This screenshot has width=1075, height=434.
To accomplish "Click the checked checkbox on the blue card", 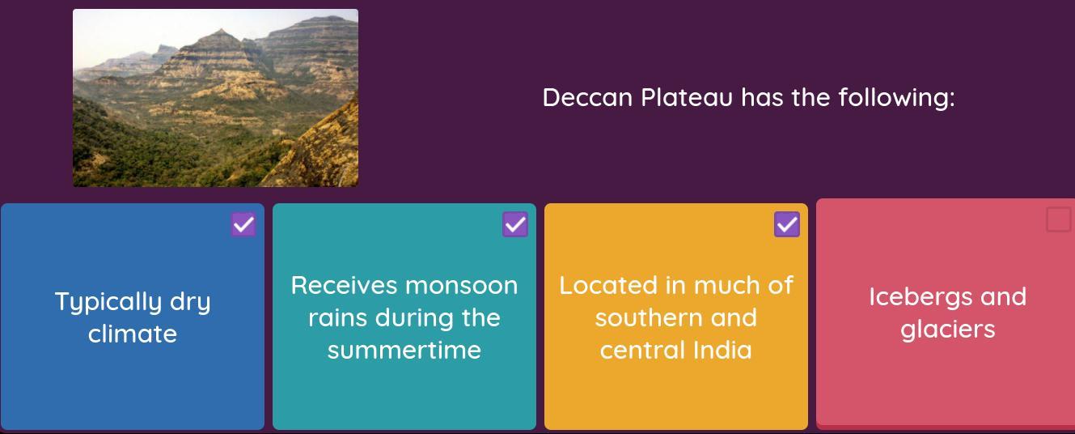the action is [243, 224].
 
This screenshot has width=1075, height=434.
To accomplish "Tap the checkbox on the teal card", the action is [515, 224].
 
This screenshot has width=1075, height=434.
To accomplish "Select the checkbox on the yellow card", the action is [786, 224].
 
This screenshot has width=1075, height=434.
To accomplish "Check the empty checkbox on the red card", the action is [1058, 219].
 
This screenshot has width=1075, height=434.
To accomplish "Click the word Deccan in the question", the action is [587, 97].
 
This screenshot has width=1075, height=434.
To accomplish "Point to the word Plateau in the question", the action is [687, 97].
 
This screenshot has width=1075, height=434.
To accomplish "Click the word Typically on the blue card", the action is [108, 303].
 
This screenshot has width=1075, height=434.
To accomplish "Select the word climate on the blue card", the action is [133, 334].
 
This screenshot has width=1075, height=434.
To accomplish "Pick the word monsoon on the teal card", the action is [462, 286].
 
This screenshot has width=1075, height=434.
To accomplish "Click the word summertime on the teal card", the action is [404, 351].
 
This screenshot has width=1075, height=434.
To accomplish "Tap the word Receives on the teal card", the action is [344, 286].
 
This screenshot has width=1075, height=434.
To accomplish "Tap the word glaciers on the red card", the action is [948, 330].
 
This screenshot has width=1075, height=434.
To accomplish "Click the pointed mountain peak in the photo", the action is [220, 31].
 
